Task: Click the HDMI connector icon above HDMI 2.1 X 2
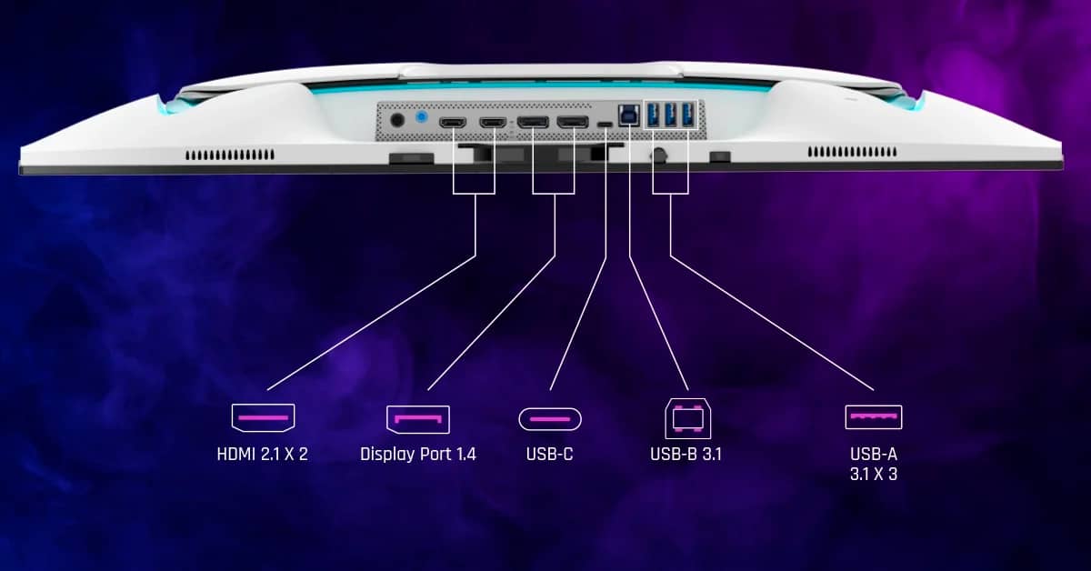pyautogui.click(x=263, y=418)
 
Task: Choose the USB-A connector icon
pyautogui.click(x=874, y=417)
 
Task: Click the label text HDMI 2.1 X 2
pyautogui.click(x=263, y=453)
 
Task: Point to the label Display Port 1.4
pyautogui.click(x=417, y=453)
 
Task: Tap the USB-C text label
pyautogui.click(x=549, y=453)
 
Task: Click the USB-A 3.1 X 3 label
pyautogui.click(x=874, y=463)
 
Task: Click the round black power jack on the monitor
pyautogui.click(x=396, y=118)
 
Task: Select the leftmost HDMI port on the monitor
pyautogui.click(x=453, y=122)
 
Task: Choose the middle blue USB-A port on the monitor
pyautogui.click(x=671, y=115)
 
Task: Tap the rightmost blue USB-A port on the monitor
pyautogui.click(x=687, y=115)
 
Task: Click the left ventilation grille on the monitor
pyautogui.click(x=230, y=155)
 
